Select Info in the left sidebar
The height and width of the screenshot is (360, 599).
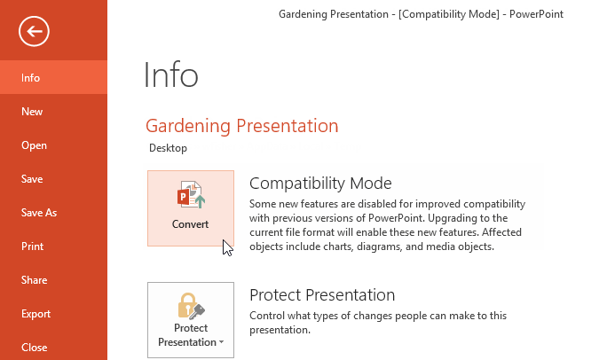[x=31, y=78]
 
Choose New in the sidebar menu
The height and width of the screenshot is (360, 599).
[x=32, y=112]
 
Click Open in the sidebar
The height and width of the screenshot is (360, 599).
[x=34, y=145]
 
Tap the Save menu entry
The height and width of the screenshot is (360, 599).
[x=32, y=179]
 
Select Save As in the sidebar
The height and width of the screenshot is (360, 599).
[x=39, y=213]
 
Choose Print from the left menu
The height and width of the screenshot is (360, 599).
[x=32, y=247]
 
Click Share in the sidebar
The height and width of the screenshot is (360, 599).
[x=34, y=280]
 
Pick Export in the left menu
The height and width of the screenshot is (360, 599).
[x=35, y=314]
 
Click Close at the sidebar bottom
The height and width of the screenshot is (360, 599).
[x=34, y=348]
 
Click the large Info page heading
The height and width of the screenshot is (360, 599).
[x=171, y=76]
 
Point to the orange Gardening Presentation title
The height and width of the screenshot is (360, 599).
[x=241, y=126]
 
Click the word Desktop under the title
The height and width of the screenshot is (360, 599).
[x=168, y=148]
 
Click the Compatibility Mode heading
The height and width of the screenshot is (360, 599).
[x=320, y=184]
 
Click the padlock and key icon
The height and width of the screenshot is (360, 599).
[x=191, y=306]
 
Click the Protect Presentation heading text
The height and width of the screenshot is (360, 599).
[x=322, y=295]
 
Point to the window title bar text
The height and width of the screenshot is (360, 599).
[x=421, y=14]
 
